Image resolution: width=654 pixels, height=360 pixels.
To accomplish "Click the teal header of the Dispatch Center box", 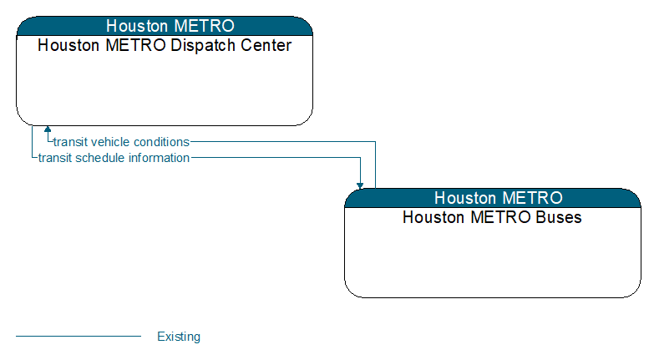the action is [165, 26].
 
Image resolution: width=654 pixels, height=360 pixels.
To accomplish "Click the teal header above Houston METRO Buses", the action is [493, 198].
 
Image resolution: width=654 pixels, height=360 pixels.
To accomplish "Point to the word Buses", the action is [559, 217].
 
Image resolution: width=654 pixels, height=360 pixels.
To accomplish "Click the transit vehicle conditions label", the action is [121, 142].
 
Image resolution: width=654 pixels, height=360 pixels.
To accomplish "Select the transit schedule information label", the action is [114, 158].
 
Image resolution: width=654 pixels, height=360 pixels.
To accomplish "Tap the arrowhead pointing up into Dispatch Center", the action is [48, 129].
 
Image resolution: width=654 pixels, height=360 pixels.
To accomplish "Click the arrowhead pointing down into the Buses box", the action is [360, 185].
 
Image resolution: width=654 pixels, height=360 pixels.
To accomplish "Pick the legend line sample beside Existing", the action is [79, 336].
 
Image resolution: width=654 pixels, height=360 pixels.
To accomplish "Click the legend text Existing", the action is [179, 337].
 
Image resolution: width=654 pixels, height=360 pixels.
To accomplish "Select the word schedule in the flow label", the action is [100, 158].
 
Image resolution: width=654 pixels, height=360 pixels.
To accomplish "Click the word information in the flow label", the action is [159, 158].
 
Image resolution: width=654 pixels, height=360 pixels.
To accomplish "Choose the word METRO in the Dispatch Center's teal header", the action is [205, 26].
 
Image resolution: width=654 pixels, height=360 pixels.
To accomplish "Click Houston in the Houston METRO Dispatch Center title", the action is [68, 45].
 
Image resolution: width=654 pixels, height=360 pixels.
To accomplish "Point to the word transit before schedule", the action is [55, 158].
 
